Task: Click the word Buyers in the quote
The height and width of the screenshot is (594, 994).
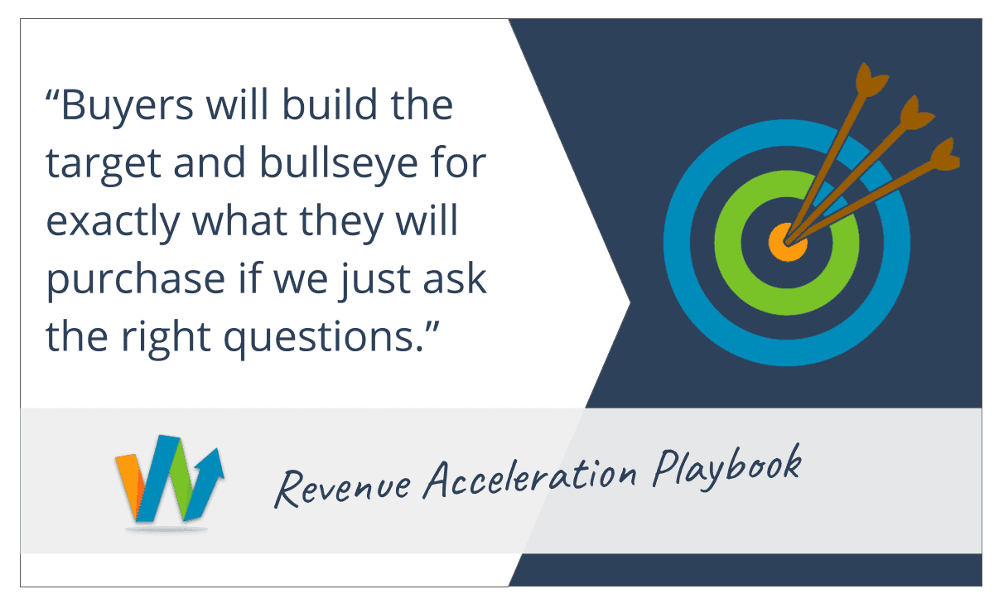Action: pyautogui.click(x=128, y=106)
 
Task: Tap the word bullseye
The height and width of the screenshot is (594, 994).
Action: pyautogui.click(x=339, y=164)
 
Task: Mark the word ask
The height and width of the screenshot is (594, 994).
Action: pyautogui.click(x=455, y=278)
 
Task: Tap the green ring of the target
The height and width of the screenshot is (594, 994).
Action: pyautogui.click(x=729, y=244)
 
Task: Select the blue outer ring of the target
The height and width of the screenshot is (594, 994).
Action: pyautogui.click(x=676, y=244)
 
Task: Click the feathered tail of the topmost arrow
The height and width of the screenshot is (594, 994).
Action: pyautogui.click(x=871, y=80)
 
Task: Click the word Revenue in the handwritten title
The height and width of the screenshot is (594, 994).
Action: pyautogui.click(x=343, y=488)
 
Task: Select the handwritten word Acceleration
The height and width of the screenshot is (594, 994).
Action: pyautogui.click(x=530, y=477)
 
